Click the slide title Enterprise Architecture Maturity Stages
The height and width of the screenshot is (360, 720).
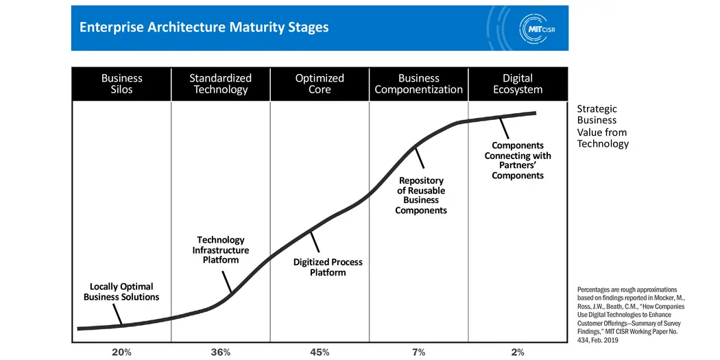[x=204, y=27]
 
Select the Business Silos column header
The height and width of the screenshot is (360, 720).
[x=121, y=84]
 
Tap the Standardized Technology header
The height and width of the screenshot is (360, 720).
[x=220, y=84]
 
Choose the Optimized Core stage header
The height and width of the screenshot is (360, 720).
[x=320, y=84]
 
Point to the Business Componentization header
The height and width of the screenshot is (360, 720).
[x=418, y=84]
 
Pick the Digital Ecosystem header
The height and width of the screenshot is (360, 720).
[x=518, y=84]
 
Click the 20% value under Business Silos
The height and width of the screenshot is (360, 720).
[x=121, y=352]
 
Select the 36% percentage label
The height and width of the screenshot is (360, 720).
[x=220, y=352]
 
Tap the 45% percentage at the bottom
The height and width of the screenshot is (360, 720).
[x=320, y=352]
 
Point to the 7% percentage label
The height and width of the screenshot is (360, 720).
[x=418, y=352]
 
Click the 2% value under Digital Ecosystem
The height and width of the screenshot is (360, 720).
[x=518, y=352]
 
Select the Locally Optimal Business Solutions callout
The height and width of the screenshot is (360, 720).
[x=121, y=291]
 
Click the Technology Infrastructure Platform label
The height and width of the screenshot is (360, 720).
[x=220, y=250]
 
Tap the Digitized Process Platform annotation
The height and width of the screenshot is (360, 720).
[x=328, y=267]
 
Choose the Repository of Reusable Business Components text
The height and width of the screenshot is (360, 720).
[x=420, y=195]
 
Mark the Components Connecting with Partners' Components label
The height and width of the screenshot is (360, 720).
[x=518, y=160]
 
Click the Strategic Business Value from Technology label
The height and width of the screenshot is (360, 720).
[x=601, y=126]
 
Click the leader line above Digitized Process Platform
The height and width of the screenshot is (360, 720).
[x=315, y=241]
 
